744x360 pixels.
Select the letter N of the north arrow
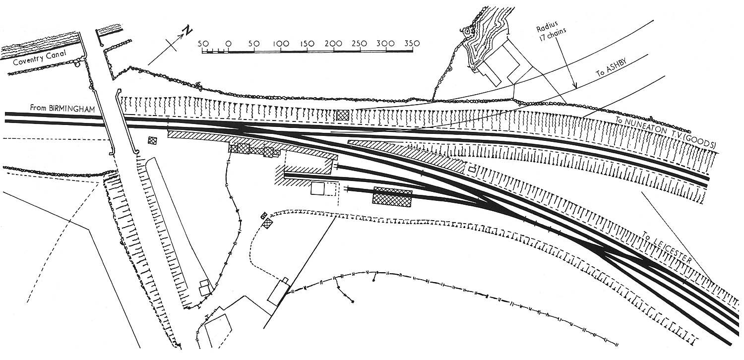click(187, 31)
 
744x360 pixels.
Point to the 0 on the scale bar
click(228, 44)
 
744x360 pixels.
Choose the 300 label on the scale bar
click(385, 43)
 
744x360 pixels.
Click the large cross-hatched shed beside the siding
click(392, 197)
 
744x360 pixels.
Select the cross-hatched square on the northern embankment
click(342, 115)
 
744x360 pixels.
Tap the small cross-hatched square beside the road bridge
click(152, 141)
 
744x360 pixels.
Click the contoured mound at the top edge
click(484, 45)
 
